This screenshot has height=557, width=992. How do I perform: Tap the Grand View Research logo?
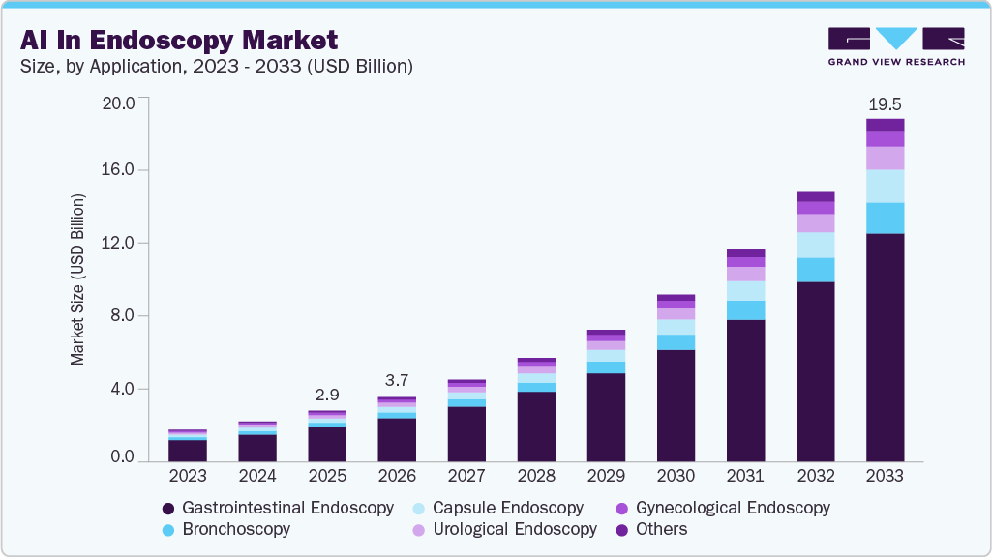pyautogui.click(x=896, y=45)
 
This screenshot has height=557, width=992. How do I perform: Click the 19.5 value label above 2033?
pyautogui.click(x=885, y=103)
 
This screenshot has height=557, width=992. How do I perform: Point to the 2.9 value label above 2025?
pyautogui.click(x=327, y=396)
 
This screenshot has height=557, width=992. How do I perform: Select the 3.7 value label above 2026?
pyautogui.click(x=397, y=382)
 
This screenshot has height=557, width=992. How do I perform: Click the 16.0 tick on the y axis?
pyautogui.click(x=122, y=170)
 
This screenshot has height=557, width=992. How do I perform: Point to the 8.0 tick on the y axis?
pyautogui.click(x=126, y=316)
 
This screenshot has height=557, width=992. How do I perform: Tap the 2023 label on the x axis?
pyautogui.click(x=188, y=476)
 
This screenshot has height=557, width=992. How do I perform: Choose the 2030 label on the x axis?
pyautogui.click(x=676, y=476)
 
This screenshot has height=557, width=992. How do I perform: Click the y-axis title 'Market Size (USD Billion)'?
pyautogui.click(x=77, y=279)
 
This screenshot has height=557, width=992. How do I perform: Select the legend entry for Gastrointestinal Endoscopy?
pyautogui.click(x=277, y=508)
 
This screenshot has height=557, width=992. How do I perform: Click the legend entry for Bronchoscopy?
pyautogui.click(x=225, y=529)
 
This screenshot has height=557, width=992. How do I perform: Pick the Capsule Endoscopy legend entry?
pyautogui.click(x=497, y=508)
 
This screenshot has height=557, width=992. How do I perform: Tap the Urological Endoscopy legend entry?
pyautogui.click(x=504, y=529)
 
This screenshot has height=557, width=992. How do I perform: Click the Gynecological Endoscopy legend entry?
pyautogui.click(x=723, y=508)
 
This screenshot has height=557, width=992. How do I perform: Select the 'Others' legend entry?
pyautogui.click(x=651, y=529)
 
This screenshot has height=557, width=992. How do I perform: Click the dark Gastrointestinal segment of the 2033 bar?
pyautogui.click(x=885, y=348)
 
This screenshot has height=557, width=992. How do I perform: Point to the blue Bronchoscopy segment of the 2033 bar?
pyautogui.click(x=885, y=218)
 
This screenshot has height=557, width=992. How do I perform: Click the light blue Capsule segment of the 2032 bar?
pyautogui.click(x=815, y=245)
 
